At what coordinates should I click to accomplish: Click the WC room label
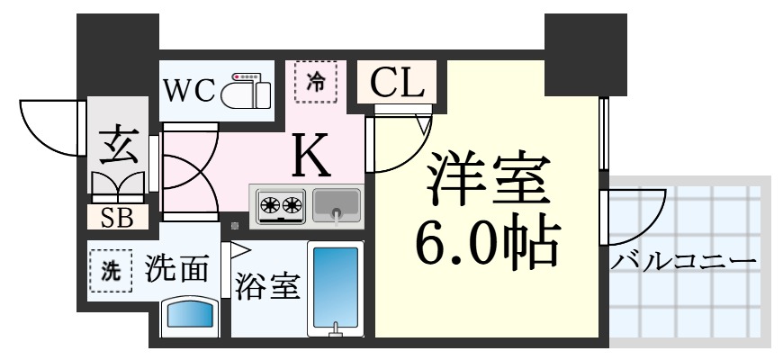[189, 90]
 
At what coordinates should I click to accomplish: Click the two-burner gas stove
[279, 204]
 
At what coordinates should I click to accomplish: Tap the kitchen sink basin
[337, 204]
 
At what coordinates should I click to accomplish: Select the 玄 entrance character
[119, 146]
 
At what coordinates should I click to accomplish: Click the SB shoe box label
[117, 217]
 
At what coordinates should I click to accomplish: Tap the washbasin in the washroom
[191, 316]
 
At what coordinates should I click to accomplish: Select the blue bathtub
[335, 287]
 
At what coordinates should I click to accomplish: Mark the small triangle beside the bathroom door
[240, 252]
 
